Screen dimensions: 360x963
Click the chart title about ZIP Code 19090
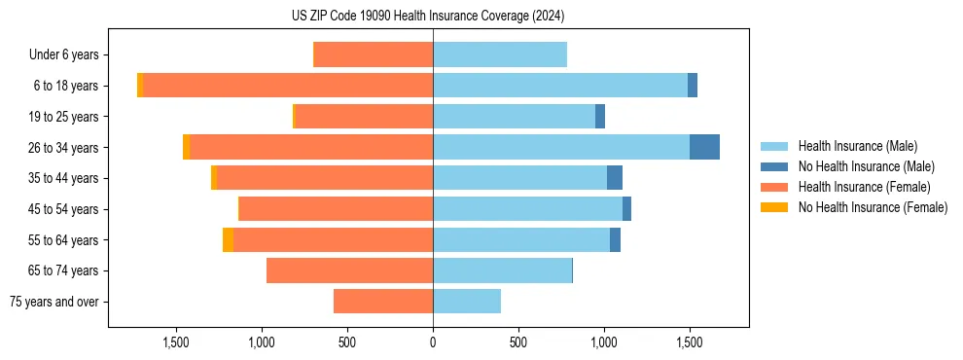pyautogui.click(x=428, y=17)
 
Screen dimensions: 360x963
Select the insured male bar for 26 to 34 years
pyautogui.click(x=561, y=147)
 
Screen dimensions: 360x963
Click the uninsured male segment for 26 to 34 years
pyautogui.click(x=704, y=147)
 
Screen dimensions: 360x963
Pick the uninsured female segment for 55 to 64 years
pyautogui.click(x=228, y=239)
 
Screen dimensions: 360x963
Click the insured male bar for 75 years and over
pyautogui.click(x=467, y=302)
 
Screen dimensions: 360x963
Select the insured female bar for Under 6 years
pyautogui.click(x=374, y=54)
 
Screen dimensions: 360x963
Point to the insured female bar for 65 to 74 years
pyautogui.click(x=349, y=270)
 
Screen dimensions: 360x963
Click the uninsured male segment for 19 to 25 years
pyautogui.click(x=600, y=117)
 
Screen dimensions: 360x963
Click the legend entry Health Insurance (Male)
pyautogui.click(x=857, y=146)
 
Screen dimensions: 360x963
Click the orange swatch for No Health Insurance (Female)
pyautogui.click(x=774, y=207)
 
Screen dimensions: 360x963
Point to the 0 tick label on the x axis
pyautogui.click(x=433, y=342)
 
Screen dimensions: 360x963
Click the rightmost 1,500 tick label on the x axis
pyautogui.click(x=690, y=342)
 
